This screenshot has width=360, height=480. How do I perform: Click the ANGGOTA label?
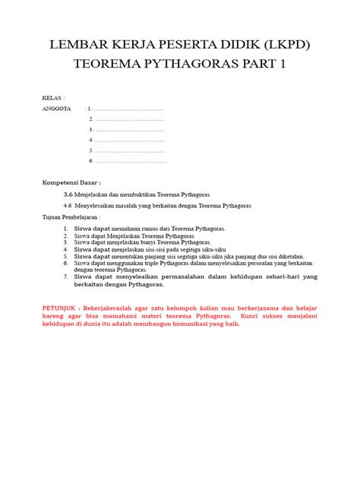coord(56,109)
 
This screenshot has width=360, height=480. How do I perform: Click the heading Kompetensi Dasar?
coord(71,183)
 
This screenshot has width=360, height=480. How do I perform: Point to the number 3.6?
coord(68,194)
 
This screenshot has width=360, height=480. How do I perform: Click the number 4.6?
coord(68,205)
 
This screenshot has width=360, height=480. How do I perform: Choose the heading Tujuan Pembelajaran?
coord(71,216)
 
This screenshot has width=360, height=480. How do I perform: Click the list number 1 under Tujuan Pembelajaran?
coord(66,228)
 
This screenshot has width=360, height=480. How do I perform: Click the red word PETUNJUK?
coord(62,306)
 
